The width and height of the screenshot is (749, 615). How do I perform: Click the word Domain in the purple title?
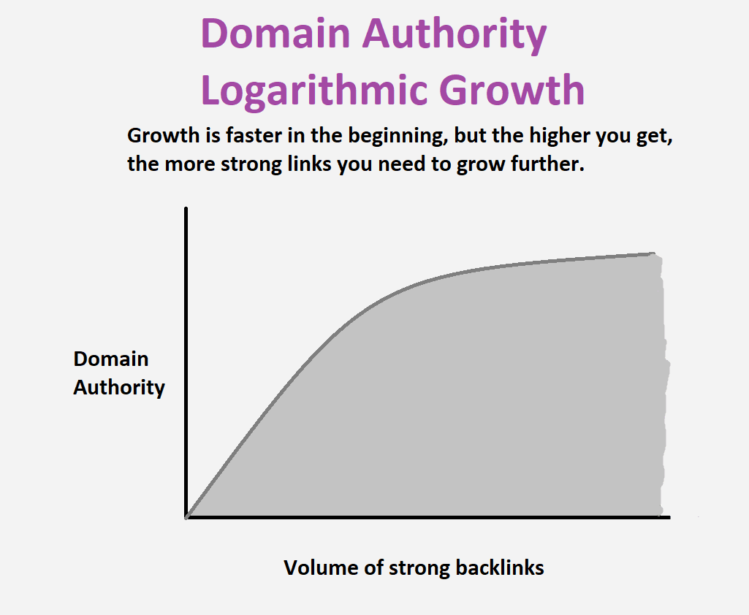tap(275, 34)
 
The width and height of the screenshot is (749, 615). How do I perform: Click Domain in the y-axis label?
tap(111, 359)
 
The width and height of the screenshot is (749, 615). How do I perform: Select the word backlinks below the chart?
tap(500, 568)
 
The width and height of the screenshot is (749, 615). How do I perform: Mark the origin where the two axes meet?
tap(186, 517)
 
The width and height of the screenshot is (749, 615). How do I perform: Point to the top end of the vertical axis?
tap(186, 208)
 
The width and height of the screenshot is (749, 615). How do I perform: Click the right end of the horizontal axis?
tap(669, 517)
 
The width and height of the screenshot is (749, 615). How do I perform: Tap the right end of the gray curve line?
tap(653, 253)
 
